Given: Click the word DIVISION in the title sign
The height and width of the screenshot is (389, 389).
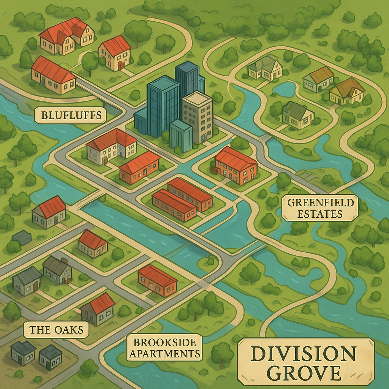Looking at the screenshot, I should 303,354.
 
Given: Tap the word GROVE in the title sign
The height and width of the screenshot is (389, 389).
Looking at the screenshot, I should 303,373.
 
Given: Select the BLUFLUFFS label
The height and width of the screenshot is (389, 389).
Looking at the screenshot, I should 70,115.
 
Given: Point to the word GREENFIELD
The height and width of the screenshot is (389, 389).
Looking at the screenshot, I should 320,202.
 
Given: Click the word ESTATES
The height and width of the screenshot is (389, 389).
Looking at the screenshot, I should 320,214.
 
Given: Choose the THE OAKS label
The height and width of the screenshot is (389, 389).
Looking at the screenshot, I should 56,329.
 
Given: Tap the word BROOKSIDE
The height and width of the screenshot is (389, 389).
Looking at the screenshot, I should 164,343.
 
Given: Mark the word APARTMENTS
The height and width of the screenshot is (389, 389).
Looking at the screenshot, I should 164,354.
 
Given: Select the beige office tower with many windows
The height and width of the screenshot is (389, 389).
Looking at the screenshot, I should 198,116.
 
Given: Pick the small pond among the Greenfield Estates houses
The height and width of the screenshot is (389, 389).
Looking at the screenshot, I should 284,90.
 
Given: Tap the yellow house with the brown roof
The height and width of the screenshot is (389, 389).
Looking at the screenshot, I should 346,92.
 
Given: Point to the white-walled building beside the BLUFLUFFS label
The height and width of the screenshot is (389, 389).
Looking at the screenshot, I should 111,146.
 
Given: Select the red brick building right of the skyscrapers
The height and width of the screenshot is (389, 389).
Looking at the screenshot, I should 236,166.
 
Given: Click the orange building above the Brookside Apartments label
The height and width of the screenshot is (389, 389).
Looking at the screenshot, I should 157,280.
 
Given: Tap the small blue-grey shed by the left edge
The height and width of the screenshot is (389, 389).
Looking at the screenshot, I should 22,238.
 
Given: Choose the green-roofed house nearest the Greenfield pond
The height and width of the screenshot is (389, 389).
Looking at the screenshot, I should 297,115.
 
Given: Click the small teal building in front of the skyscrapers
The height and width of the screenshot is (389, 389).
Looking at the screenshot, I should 180,136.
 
